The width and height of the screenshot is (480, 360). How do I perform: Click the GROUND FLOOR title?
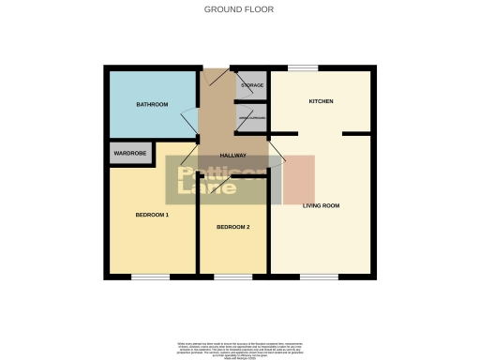(x=239, y=9)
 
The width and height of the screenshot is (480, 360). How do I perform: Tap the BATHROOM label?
(x=152, y=104)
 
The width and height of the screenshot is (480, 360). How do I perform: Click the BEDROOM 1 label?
(x=152, y=216)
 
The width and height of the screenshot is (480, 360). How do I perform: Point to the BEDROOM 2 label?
(x=232, y=227)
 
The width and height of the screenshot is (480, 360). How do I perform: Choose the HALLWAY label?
(x=232, y=156)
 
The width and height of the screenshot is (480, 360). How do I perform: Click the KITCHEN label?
(x=322, y=101)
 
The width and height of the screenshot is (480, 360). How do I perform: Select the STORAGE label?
(x=252, y=85)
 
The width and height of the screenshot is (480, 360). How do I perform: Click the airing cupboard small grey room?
(x=252, y=117)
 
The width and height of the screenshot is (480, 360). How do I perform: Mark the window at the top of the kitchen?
(x=302, y=67)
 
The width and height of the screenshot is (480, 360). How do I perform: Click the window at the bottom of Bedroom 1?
(x=150, y=277)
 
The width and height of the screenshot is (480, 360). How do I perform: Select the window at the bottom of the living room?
(x=319, y=277)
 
